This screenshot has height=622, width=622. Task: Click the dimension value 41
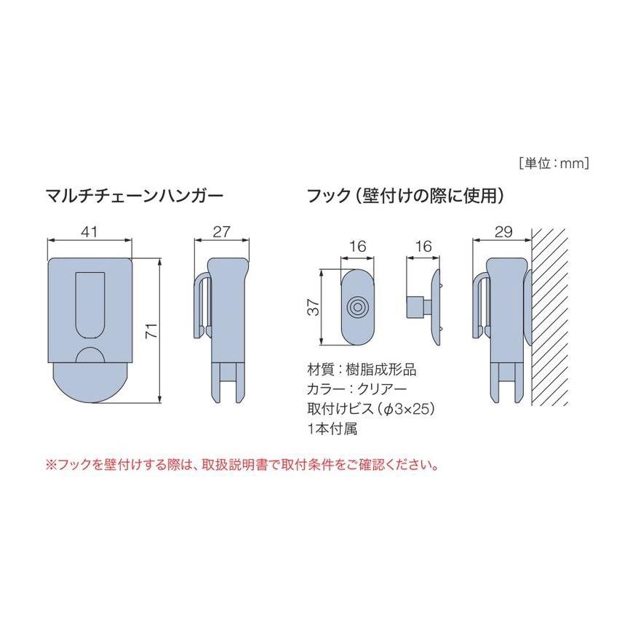coord(89,231)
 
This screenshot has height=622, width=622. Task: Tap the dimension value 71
coord(152,331)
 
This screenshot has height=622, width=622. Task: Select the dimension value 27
coord(221,231)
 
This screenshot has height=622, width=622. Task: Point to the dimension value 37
coord(314,307)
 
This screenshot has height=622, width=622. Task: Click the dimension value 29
coord(503,231)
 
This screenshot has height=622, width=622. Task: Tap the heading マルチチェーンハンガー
coord(135,196)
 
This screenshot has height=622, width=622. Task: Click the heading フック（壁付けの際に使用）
coord(406,196)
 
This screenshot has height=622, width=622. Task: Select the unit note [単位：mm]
coord(554,164)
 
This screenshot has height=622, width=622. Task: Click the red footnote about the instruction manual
coord(242,465)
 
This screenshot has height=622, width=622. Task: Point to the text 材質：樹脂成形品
coord(362,370)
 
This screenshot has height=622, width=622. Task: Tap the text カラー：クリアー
coord(357,389)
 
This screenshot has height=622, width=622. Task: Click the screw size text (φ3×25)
coord(404,409)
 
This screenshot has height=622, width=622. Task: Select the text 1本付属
coord(332,428)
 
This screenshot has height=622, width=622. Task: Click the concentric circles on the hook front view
coord(357,307)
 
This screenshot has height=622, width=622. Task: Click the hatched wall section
coord(550,317)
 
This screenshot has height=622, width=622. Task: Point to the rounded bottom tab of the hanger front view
coord(90,383)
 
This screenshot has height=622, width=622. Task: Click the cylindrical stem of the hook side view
coord(415,307)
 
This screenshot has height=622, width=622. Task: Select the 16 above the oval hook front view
coord(357,247)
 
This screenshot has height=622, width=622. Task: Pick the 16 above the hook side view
coord(423,247)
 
